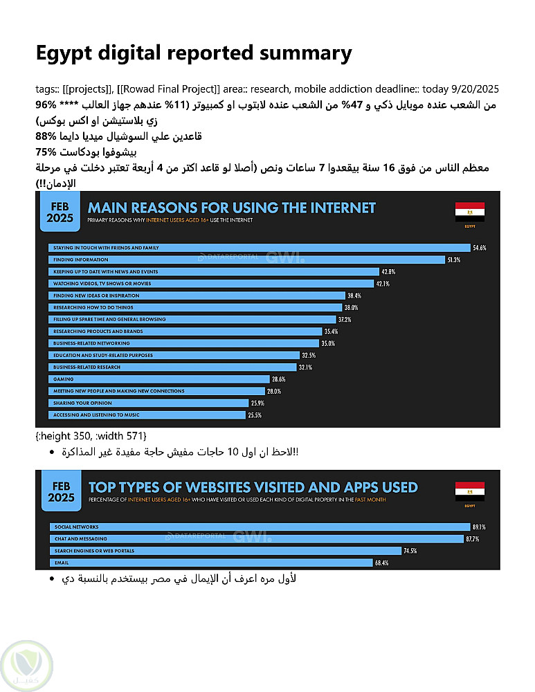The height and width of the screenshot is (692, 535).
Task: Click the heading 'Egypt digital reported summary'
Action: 194,53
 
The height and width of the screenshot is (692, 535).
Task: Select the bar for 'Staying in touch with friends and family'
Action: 259,248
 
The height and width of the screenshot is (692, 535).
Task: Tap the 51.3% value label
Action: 454,259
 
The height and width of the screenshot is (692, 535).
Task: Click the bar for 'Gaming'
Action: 158,379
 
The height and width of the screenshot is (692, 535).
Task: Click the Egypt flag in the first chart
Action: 469,212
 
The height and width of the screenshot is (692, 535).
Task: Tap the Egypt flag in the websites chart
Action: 469,492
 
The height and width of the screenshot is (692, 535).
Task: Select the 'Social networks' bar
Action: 259,527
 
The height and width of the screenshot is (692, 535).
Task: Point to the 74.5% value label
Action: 411,551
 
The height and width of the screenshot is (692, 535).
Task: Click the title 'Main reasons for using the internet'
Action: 231,208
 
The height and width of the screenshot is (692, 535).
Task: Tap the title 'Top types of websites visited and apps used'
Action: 253,487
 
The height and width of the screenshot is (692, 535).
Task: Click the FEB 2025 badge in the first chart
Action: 60,212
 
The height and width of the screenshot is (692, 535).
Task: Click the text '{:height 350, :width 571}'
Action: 91,434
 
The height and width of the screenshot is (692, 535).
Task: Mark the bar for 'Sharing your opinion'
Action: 148,403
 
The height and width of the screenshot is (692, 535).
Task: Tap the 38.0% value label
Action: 352,307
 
